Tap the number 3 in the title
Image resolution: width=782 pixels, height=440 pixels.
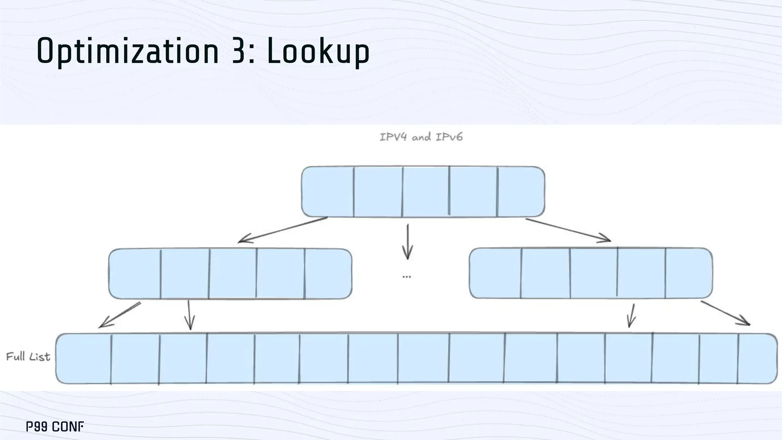pos(239,51)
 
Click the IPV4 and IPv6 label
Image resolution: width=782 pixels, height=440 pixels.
pos(421,137)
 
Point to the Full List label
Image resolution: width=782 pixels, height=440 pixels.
pos(28,357)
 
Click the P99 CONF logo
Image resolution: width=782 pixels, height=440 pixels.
pos(55,427)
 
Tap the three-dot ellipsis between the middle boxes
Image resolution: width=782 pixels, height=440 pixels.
pos(407,276)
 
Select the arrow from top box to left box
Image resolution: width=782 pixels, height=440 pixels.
pos(283,230)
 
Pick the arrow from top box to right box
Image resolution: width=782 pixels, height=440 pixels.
pos(568,230)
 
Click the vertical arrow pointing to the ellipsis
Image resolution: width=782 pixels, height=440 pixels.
pos(407,241)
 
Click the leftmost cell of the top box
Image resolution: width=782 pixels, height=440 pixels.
pos(328,192)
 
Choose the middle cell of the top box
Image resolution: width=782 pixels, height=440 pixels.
pos(426,192)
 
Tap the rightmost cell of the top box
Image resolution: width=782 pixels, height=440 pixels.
pos(521,192)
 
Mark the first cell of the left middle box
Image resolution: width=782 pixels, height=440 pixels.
pos(135,273)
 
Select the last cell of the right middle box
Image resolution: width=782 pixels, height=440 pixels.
pos(688,273)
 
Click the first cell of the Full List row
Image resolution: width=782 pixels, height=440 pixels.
pos(84,358)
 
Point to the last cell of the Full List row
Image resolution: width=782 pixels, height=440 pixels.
pos(757,358)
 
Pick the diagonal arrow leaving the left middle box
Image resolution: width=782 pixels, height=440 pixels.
pos(120,315)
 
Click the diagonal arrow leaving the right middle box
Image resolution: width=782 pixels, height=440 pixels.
pos(725,313)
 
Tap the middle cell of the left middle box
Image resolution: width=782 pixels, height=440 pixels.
pos(233,273)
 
